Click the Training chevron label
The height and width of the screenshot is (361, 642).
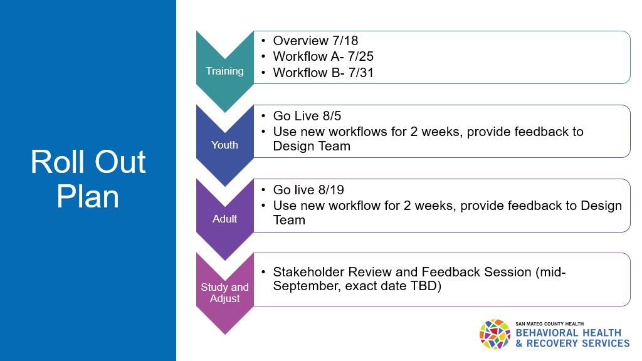point(224,71)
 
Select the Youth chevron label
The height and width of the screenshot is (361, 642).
point(224,145)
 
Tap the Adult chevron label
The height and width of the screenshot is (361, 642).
point(224,219)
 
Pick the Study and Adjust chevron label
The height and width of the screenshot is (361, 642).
point(224,293)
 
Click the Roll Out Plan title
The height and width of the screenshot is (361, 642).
point(88,179)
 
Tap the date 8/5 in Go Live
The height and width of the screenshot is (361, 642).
point(334,115)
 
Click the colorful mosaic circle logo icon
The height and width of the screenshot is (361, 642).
point(495,334)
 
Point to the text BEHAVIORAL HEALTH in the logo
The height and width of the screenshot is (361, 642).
point(568,333)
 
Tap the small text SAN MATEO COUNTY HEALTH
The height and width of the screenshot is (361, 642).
point(550,323)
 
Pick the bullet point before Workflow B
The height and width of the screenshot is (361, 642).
point(264,73)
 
